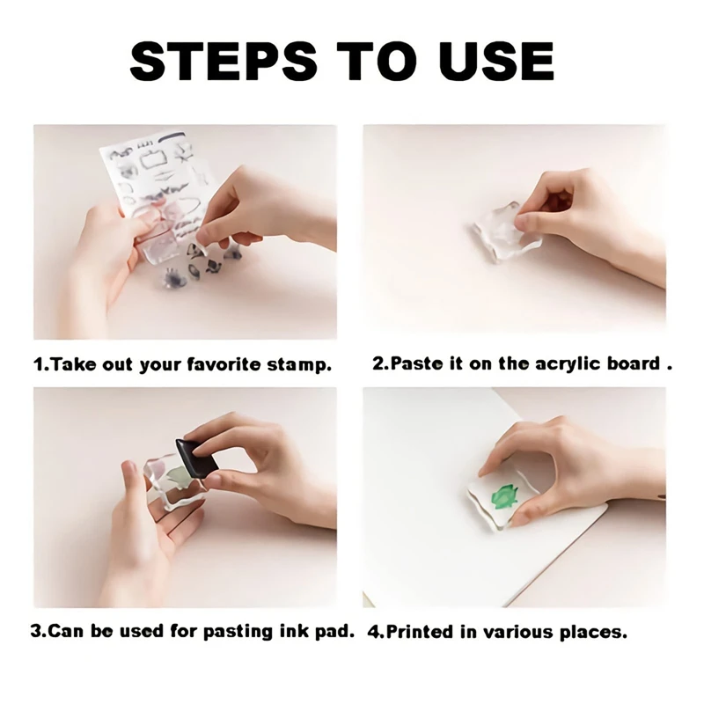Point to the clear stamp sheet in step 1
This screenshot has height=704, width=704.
(x=154, y=176)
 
